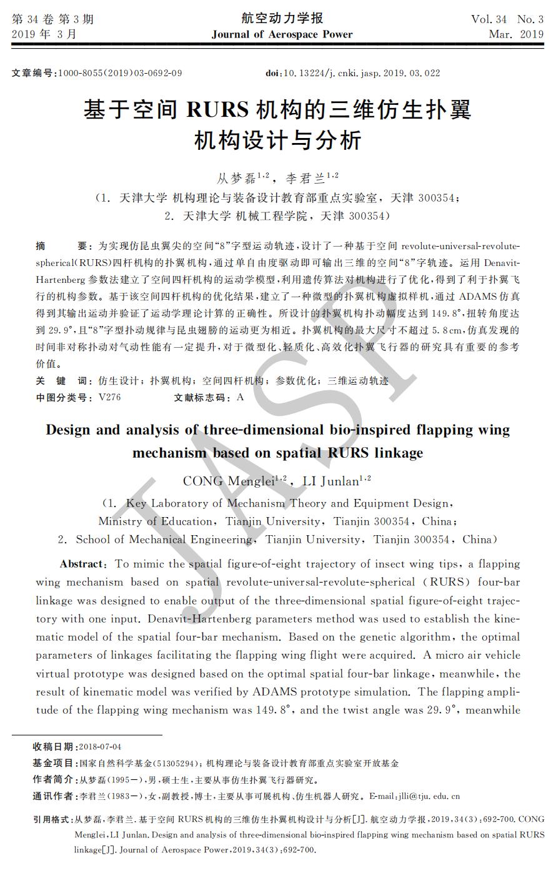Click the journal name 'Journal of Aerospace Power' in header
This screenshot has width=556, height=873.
[x=282, y=34]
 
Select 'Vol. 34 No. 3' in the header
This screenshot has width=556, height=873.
[x=507, y=19]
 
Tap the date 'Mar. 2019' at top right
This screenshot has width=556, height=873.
[x=516, y=34]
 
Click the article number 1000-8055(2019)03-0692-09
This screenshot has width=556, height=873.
[x=120, y=73]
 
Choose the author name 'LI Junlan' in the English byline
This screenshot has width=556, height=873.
[x=332, y=481]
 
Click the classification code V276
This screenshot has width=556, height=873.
[x=109, y=397]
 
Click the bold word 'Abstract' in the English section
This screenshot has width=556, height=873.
[x=82, y=564]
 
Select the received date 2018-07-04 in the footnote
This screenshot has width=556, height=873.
[x=100, y=747]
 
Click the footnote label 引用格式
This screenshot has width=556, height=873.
[x=52, y=819]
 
